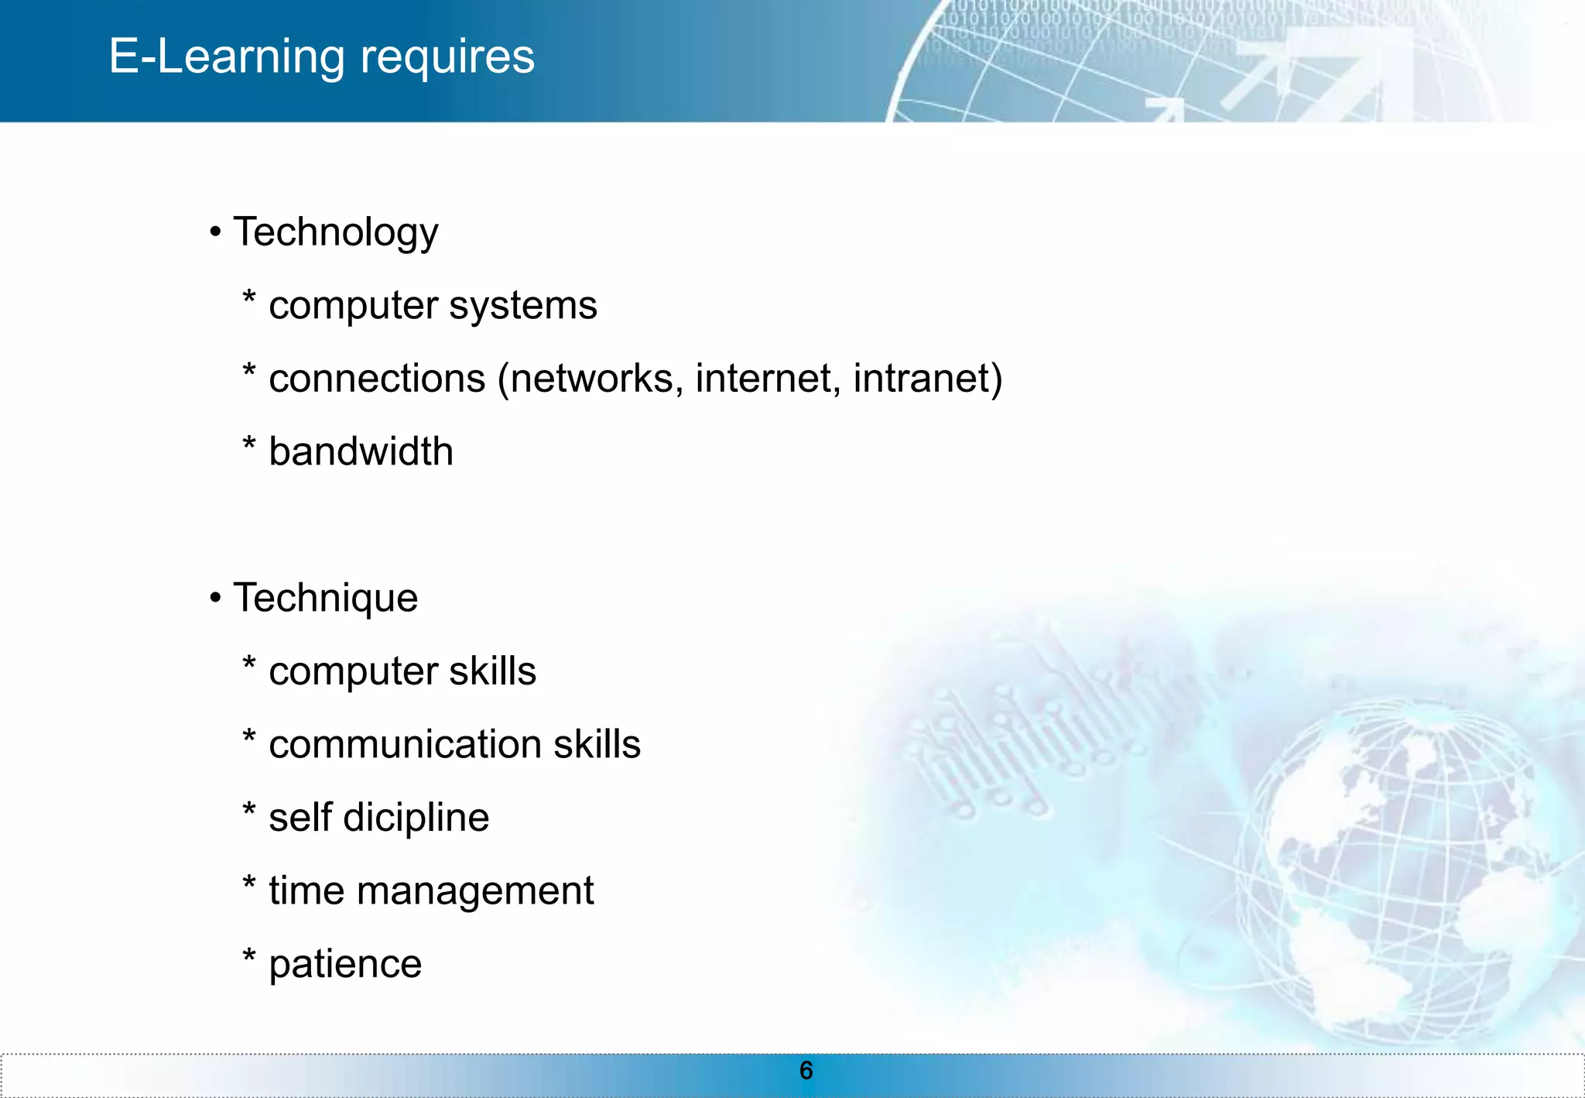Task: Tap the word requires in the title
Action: (x=447, y=57)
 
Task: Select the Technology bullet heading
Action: (x=335, y=232)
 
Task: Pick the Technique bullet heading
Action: (x=325, y=598)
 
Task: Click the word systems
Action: (x=523, y=306)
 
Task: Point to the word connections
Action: (x=377, y=379)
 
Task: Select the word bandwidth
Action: (x=361, y=451)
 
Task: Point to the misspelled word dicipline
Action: (x=416, y=818)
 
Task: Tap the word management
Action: (x=474, y=891)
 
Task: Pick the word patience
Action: (x=345, y=965)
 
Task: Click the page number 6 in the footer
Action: (x=806, y=1071)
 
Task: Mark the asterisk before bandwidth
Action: (x=248, y=444)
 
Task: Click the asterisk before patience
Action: (x=248, y=957)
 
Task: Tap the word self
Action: (x=300, y=818)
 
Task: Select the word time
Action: (x=306, y=890)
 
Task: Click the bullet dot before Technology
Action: (x=215, y=232)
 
